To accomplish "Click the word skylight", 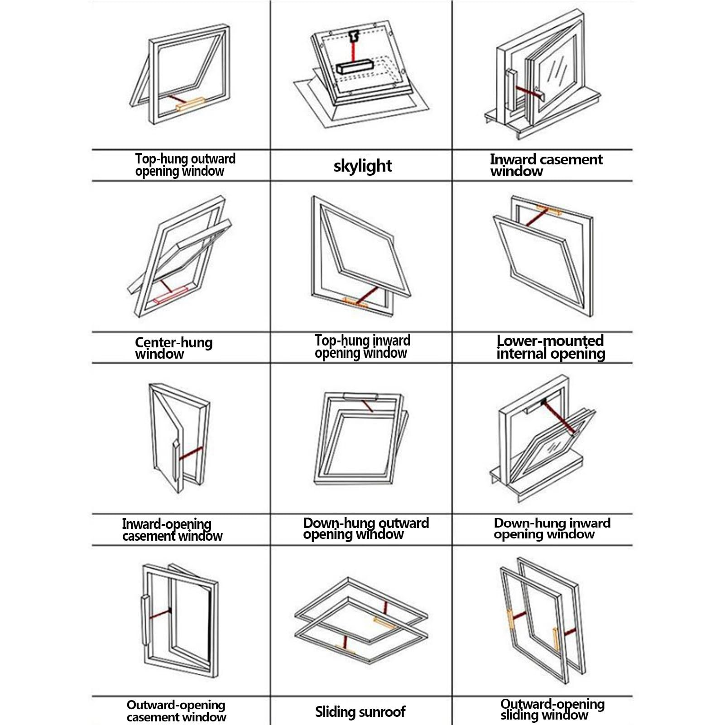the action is click(x=363, y=166).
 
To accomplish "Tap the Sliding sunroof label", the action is click(x=360, y=711).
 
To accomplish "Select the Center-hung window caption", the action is click(x=174, y=348).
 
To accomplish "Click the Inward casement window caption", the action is click(x=546, y=165).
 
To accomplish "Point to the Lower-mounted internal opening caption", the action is click(x=551, y=347).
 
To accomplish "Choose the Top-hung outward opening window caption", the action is click(x=185, y=165).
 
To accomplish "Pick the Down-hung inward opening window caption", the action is click(x=552, y=528).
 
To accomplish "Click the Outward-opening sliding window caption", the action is click(x=552, y=710).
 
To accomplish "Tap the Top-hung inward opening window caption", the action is click(x=363, y=347).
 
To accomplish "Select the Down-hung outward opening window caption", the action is click(x=366, y=528).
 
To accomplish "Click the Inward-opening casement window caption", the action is click(x=172, y=530).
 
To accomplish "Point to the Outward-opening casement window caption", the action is click(x=176, y=711).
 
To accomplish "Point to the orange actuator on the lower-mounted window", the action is click(x=549, y=210).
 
